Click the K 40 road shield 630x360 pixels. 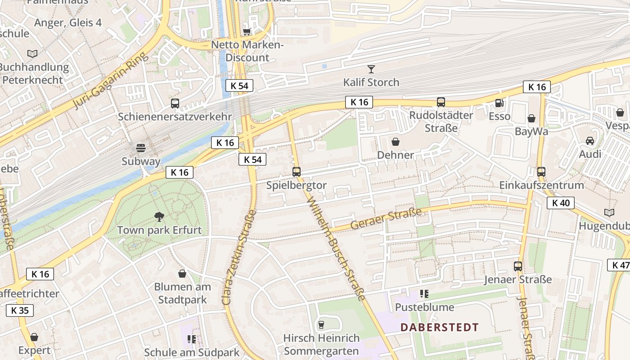coord(561,203)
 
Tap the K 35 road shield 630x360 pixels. coord(20,310)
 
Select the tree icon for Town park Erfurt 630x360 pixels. coord(159,217)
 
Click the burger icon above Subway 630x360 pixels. coord(141,148)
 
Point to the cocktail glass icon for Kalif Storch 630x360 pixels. coord(371,69)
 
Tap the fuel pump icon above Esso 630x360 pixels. coord(499,103)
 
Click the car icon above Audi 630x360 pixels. coord(590,141)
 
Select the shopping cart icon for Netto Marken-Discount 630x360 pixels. coord(247,31)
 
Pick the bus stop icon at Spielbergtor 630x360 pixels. coord(296,171)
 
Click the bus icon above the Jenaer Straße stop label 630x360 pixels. coord(518,266)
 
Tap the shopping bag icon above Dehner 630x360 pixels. coord(396,142)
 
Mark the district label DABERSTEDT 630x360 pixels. coord(440,327)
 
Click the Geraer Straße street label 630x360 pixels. coord(386,219)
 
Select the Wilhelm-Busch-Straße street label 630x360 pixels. coord(336,249)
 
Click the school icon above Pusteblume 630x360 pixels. coord(424,294)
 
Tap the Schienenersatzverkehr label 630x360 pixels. coord(175,117)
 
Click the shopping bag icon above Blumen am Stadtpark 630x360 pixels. coord(182,274)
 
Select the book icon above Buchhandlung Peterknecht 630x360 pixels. coord(32,54)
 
